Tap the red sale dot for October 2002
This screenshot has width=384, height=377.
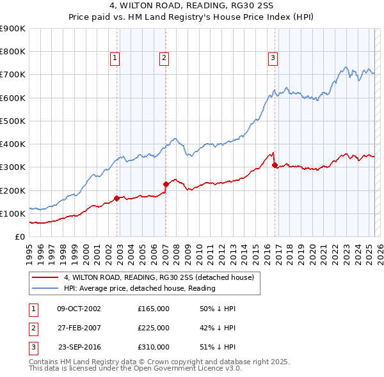(117, 198)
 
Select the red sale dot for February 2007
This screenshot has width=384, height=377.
(166, 184)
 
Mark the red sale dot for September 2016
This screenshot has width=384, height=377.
(275, 165)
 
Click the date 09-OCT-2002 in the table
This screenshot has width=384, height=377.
(79, 309)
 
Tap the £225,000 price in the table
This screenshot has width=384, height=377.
(154, 328)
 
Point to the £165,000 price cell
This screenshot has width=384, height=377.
(154, 309)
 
